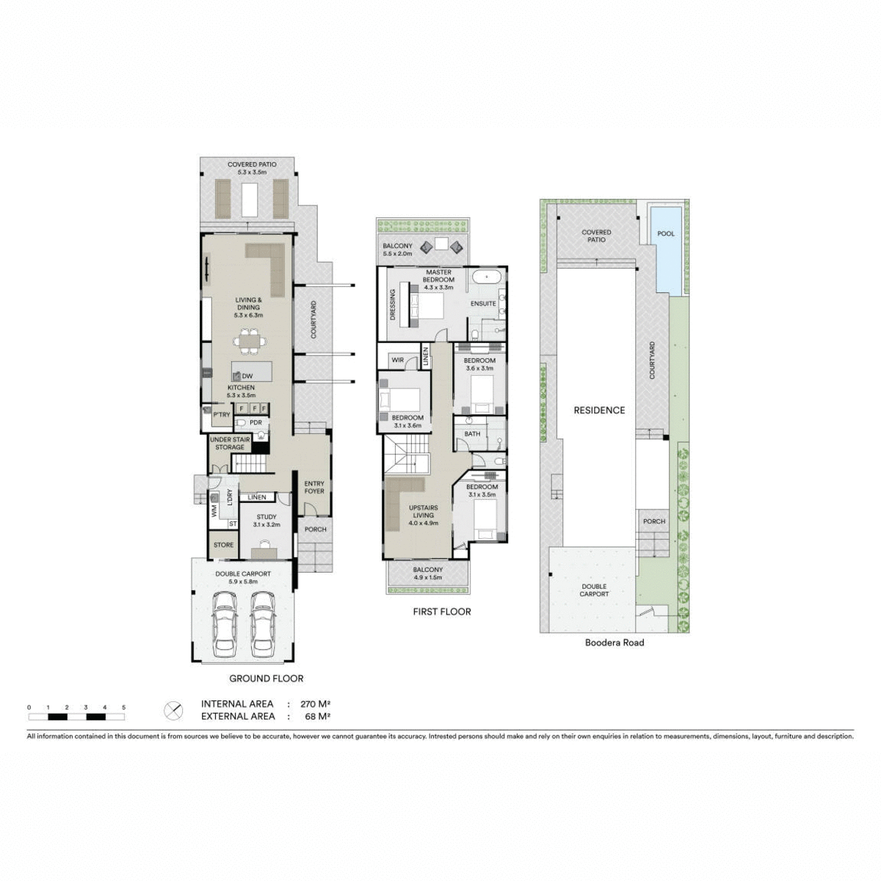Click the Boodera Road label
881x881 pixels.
tap(614, 642)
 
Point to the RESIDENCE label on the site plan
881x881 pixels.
tap(599, 410)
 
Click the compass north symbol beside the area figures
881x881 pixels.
tap(173, 710)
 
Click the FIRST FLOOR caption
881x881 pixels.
tap(441, 611)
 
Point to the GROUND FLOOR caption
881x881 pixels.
tap(266, 678)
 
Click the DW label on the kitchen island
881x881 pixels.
tap(247, 376)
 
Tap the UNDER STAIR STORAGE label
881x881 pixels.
tap(230, 443)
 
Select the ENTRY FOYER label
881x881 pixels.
tap(314, 487)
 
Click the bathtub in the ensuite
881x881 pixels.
tap(487, 278)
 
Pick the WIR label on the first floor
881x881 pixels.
tap(397, 360)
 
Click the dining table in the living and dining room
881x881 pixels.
tap(250, 341)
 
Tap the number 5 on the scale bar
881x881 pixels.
tap(123, 707)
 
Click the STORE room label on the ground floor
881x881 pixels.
tap(223, 545)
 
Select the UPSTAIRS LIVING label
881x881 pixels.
tap(423, 516)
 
